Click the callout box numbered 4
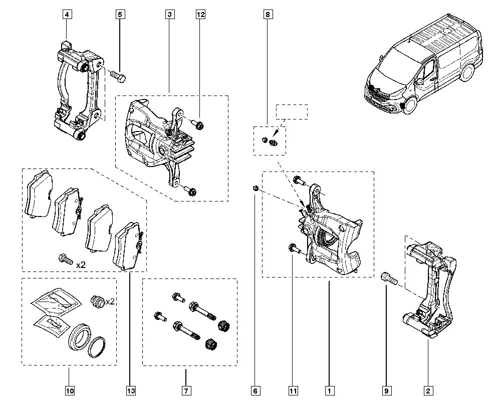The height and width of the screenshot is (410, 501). pos(68,15)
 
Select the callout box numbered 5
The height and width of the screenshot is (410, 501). pos(120,15)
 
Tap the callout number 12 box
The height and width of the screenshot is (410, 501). pos(200,15)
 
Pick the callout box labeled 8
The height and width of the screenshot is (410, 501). pos(268,15)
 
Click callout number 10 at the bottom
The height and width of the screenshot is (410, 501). pos(69,390)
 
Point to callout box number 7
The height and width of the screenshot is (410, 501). pos(185,390)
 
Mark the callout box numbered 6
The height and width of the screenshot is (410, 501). pos(255,390)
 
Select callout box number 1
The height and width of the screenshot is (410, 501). pos(329,390)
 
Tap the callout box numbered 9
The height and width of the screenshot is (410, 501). pos(387,390)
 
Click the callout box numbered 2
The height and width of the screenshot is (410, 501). pos(428,390)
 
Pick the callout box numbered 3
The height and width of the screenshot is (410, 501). pos(170,15)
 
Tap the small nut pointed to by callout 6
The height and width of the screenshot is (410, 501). pos(255,188)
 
